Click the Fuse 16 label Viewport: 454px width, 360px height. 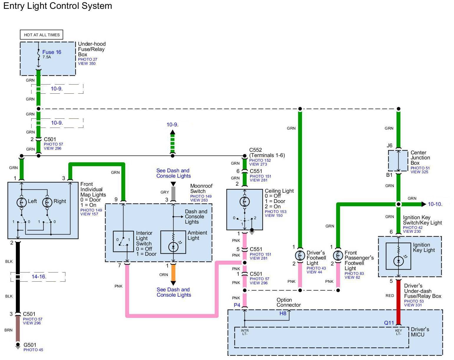[x=52, y=52]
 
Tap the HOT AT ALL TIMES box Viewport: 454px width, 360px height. [x=42, y=35]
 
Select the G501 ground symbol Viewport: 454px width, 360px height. [x=18, y=345]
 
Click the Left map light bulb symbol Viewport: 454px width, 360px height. [x=22, y=202]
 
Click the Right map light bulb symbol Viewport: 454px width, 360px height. [x=47, y=202]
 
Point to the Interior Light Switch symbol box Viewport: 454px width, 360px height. [x=123, y=241]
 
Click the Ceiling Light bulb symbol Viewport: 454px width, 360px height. [x=245, y=202]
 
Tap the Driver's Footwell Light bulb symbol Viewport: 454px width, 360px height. [x=300, y=255]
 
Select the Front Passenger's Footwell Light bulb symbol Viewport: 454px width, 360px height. [x=338, y=255]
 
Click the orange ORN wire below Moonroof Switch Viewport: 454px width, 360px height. [x=173, y=273]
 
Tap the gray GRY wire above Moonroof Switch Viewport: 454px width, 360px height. [x=173, y=193]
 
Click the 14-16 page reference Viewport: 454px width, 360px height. [x=39, y=277]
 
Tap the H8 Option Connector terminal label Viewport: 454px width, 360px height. [x=283, y=313]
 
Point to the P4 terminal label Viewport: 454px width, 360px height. [x=237, y=305]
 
